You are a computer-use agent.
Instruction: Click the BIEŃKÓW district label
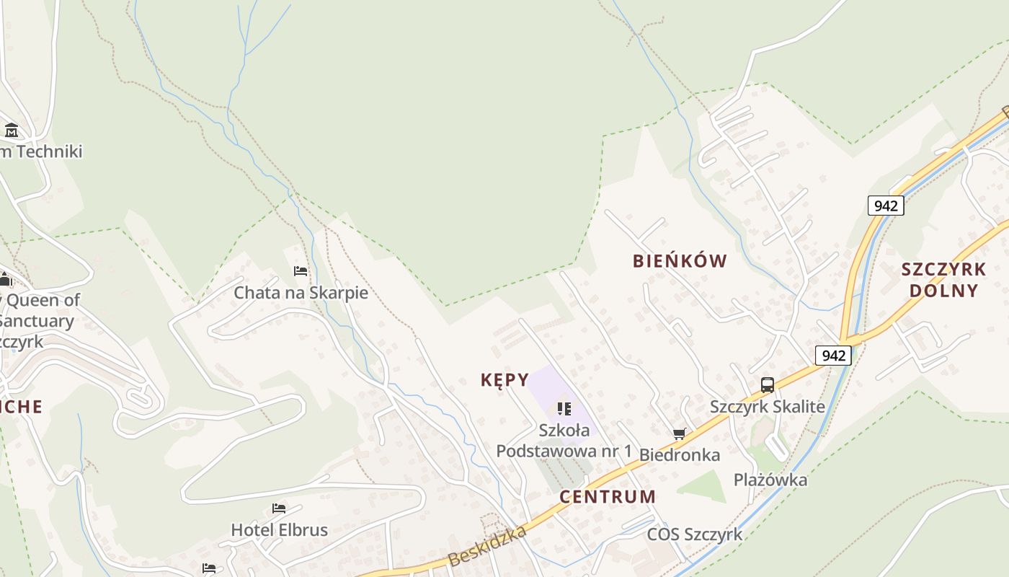pyautogui.click(x=680, y=261)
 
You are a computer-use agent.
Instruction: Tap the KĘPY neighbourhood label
pyautogui.click(x=504, y=380)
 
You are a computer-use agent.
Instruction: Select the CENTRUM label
pyautogui.click(x=608, y=496)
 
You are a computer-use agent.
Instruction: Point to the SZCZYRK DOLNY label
pyautogui.click(x=943, y=280)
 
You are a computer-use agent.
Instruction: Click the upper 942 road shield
pyautogui.click(x=885, y=206)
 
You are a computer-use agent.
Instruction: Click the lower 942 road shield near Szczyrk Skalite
pyautogui.click(x=833, y=355)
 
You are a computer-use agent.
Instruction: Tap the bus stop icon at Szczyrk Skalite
pyautogui.click(x=768, y=385)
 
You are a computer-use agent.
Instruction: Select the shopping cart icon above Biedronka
pyautogui.click(x=679, y=433)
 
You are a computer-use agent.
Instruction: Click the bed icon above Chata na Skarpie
pyautogui.click(x=301, y=271)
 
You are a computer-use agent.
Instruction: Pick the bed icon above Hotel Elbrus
pyautogui.click(x=279, y=508)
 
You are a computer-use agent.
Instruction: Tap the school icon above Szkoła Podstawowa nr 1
pyautogui.click(x=564, y=409)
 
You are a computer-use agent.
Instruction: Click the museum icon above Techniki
pyautogui.click(x=12, y=131)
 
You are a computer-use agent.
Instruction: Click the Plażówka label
pyautogui.click(x=770, y=480)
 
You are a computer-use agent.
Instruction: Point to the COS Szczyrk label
pyautogui.click(x=694, y=534)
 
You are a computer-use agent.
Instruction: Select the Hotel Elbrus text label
pyautogui.click(x=279, y=530)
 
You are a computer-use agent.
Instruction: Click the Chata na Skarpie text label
pyautogui.click(x=301, y=293)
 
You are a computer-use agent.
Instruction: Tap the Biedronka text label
pyautogui.click(x=680, y=455)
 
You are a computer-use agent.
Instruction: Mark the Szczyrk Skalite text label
pyautogui.click(x=768, y=406)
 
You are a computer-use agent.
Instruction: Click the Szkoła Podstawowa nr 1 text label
pyautogui.click(x=564, y=441)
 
